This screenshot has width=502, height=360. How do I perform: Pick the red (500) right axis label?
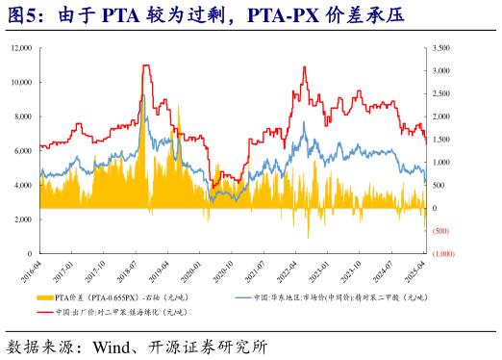click(x=442, y=231)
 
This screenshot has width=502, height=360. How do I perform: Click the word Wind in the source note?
click(x=113, y=345)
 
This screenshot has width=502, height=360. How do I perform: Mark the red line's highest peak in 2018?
click(x=145, y=65)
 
